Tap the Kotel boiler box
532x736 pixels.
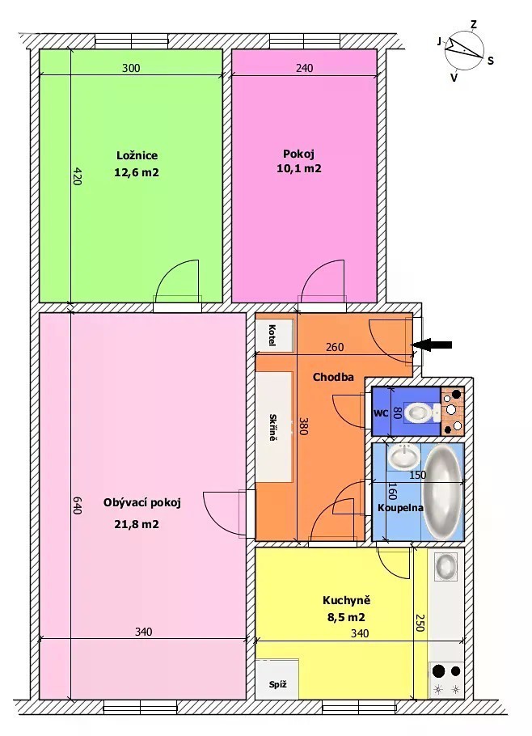coord(274,335)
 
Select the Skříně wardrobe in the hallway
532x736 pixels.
coord(274,426)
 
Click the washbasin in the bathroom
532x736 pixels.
coord(404,457)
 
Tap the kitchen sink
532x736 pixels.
coord(445,566)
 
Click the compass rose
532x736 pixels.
coord(464,49)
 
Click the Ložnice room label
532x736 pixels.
coord(137,155)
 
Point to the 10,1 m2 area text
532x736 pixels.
coord(299,168)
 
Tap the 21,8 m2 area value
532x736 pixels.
coord(137,524)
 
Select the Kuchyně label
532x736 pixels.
coord(346,600)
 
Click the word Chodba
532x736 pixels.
coord(333,377)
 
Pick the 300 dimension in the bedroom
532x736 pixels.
coord(131,68)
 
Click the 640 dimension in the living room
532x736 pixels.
coord(77,505)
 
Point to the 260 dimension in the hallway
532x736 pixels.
coord(335,347)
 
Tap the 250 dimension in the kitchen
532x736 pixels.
coord(420,623)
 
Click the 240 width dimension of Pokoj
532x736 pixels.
coord(305,68)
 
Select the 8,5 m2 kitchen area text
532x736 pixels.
coord(346,617)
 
